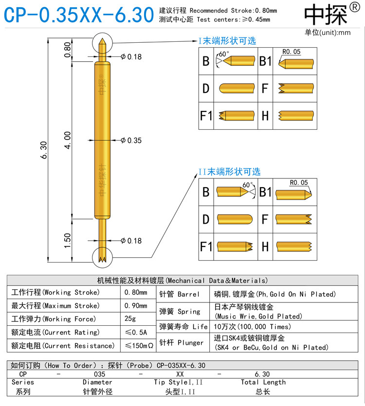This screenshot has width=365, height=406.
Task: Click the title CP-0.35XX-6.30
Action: [78, 15]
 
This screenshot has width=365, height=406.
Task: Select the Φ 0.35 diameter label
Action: [130, 141]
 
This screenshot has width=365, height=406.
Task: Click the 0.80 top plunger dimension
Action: [68, 49]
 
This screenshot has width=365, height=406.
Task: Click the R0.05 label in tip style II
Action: [298, 183]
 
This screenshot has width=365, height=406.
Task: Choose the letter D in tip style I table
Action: [206, 88]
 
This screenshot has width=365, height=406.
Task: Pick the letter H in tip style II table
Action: [265, 247]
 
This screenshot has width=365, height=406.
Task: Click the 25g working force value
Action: [130, 319]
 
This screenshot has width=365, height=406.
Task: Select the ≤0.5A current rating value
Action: [137, 332]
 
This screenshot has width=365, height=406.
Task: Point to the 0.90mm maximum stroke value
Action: [136, 306]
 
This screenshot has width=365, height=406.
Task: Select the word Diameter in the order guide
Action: [97, 382]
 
